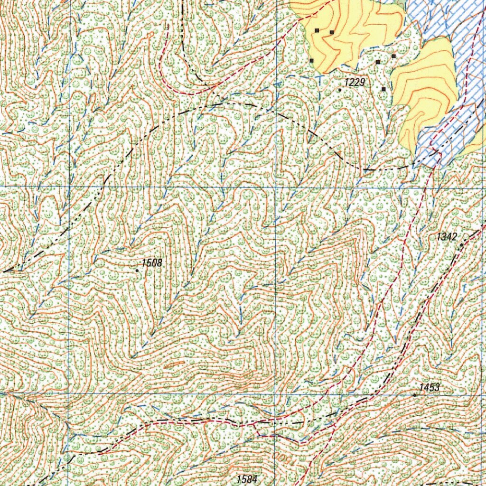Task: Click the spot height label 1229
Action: (355, 83)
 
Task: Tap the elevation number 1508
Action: (151, 263)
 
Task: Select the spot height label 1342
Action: (447, 237)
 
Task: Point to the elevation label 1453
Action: (430, 388)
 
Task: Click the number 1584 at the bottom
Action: (246, 479)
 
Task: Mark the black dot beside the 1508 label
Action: (137, 271)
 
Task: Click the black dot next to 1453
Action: (415, 395)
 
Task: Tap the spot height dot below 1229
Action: (340, 89)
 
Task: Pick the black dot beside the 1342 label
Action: (461, 245)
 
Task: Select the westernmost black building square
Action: (312, 60)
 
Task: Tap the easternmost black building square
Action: (393, 56)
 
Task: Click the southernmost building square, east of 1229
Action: (383, 89)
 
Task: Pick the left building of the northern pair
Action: (317, 30)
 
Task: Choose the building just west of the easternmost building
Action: (378, 62)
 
